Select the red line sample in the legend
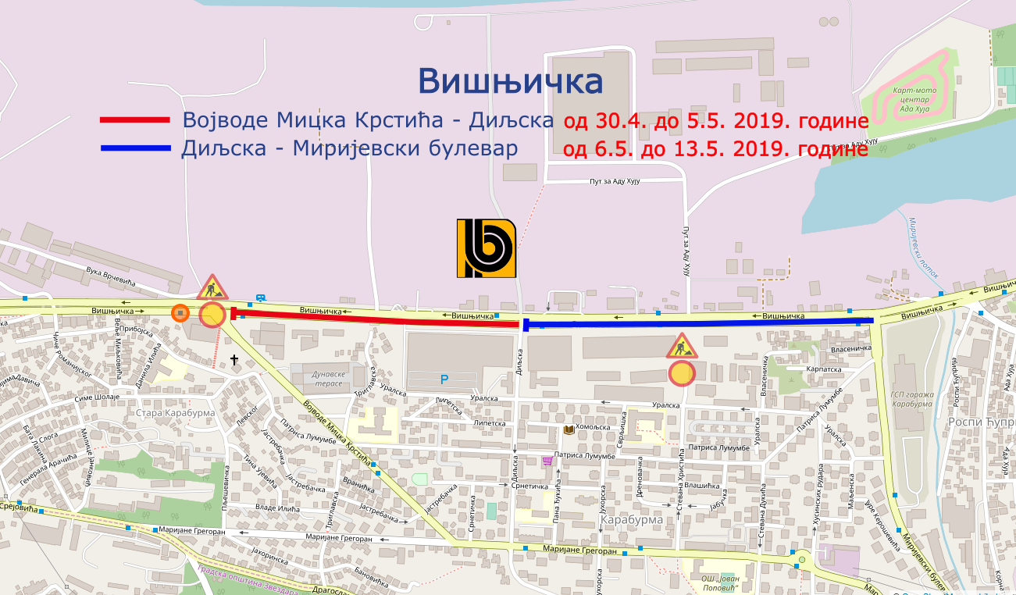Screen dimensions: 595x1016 [x=134, y=120]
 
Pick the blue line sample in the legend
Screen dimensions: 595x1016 [x=134, y=148]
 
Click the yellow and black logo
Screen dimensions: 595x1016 [x=486, y=248]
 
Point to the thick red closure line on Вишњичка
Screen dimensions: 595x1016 [x=375, y=319]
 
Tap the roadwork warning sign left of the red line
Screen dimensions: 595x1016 [x=212, y=288]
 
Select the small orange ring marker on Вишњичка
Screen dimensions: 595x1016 [x=180, y=313]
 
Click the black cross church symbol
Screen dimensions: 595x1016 [x=234, y=360]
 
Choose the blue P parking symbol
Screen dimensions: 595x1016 [x=444, y=379]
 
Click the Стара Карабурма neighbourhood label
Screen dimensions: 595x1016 [x=170, y=412]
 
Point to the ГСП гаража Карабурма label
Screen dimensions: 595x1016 [x=911, y=399]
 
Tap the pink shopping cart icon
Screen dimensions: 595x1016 [x=547, y=461]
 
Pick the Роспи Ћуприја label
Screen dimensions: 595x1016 [x=980, y=422]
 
